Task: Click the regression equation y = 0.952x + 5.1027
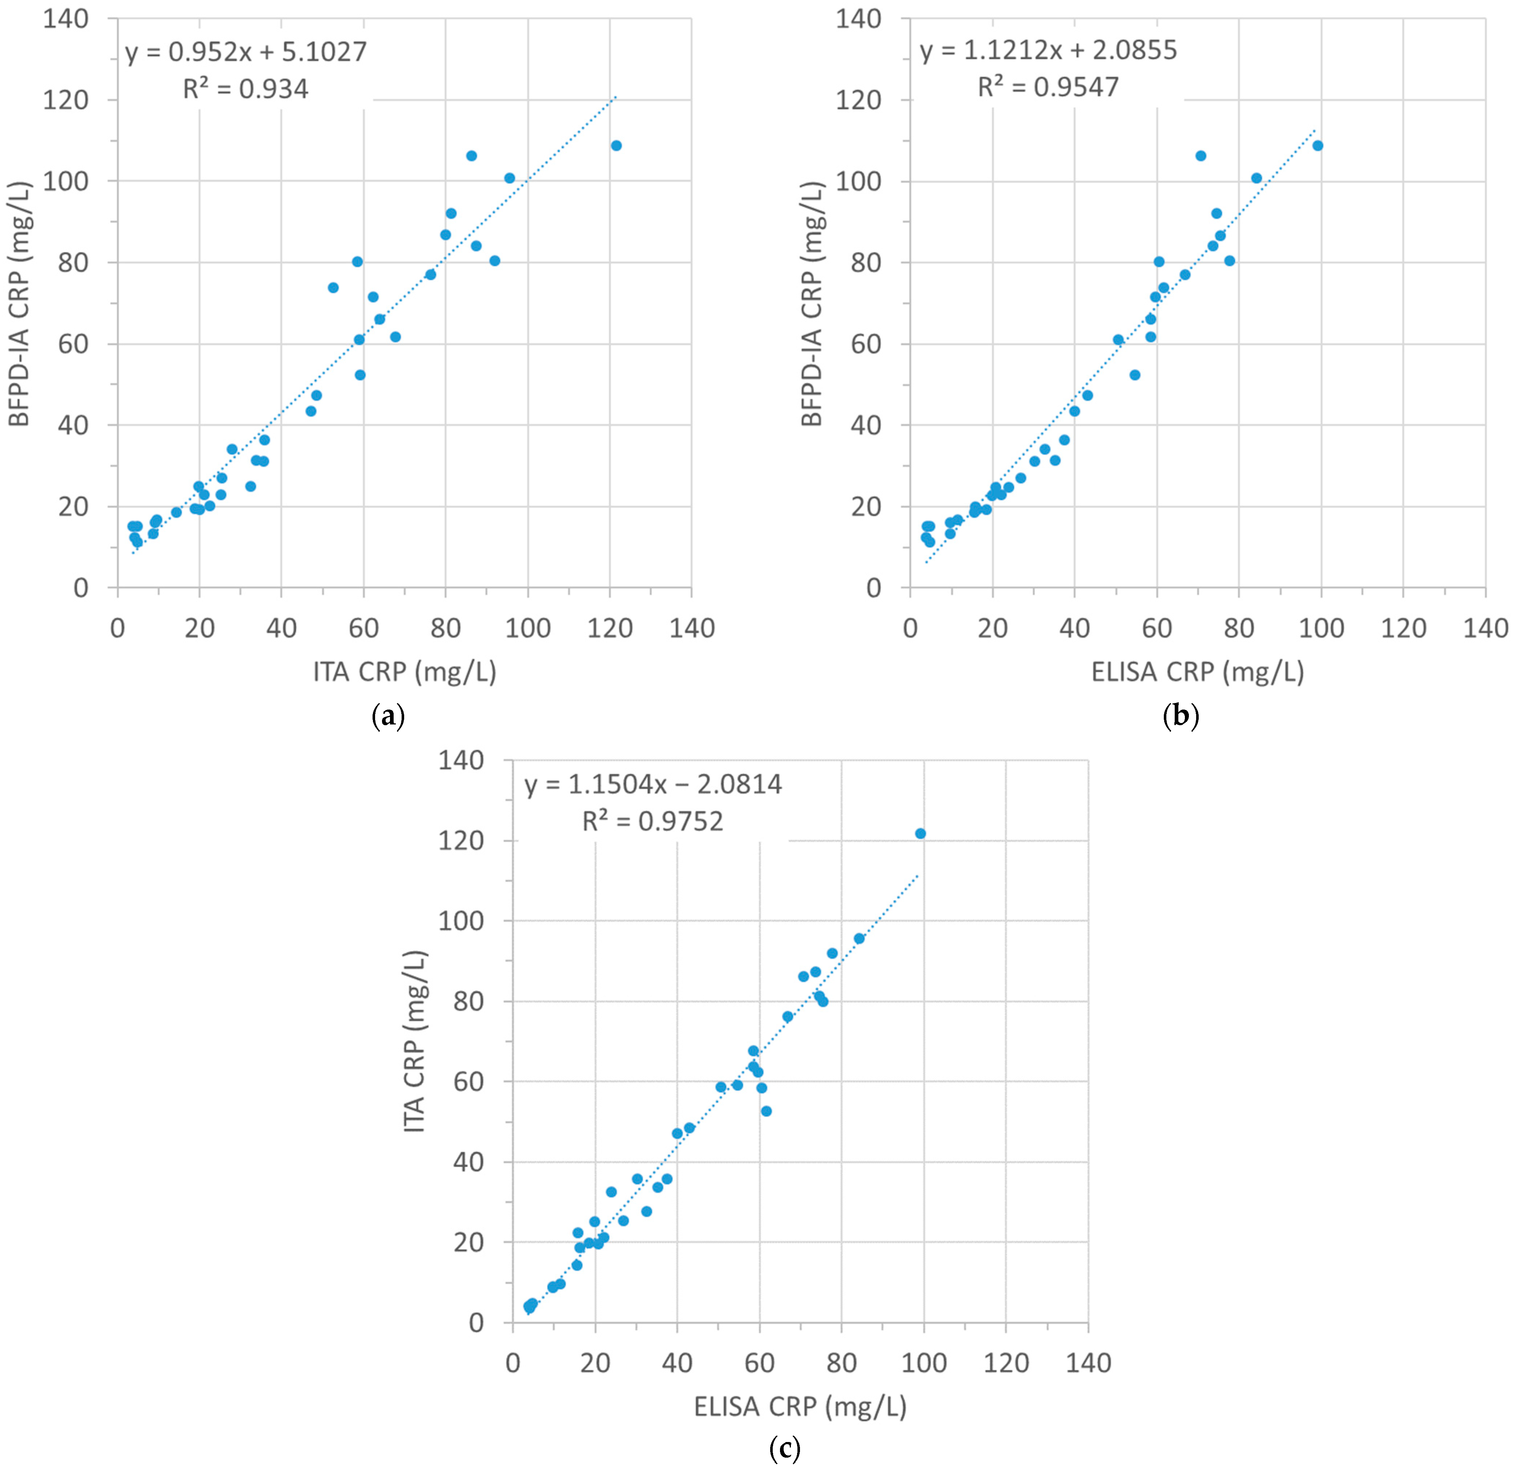pyautogui.click(x=246, y=52)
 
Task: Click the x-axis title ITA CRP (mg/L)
pyautogui.click(x=405, y=671)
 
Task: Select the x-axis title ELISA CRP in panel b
pyautogui.click(x=1197, y=671)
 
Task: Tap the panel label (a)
pyautogui.click(x=388, y=716)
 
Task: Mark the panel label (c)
pyautogui.click(x=785, y=1447)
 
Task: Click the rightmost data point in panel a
pyautogui.click(x=616, y=145)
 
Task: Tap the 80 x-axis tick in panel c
pyautogui.click(x=841, y=1363)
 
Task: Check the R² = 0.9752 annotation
pyautogui.click(x=653, y=822)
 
